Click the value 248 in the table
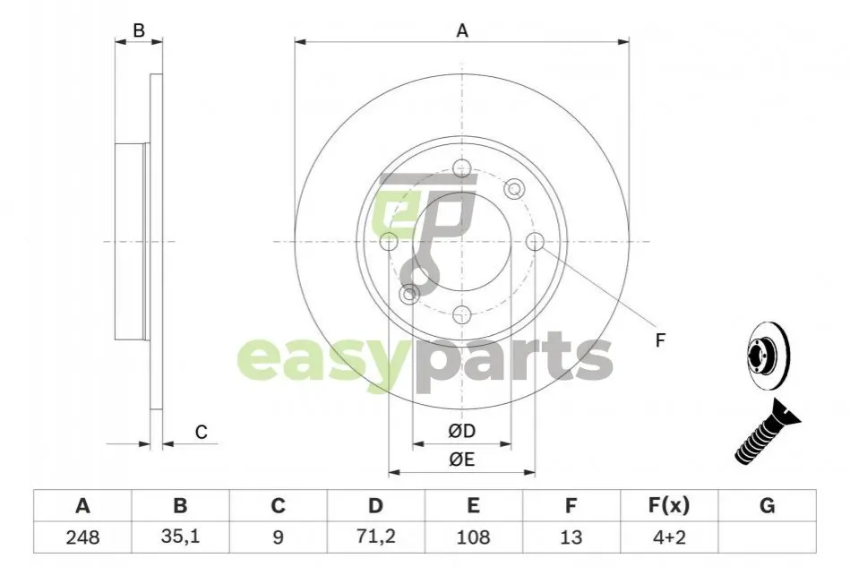[x=82, y=537]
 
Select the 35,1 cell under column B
[x=180, y=537]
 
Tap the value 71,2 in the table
[x=375, y=537]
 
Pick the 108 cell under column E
[x=473, y=537]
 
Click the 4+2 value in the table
[x=669, y=537]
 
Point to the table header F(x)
[x=669, y=505]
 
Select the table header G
[x=767, y=505]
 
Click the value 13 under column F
[x=571, y=537]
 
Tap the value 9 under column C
[x=278, y=537]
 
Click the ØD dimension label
[x=462, y=431]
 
